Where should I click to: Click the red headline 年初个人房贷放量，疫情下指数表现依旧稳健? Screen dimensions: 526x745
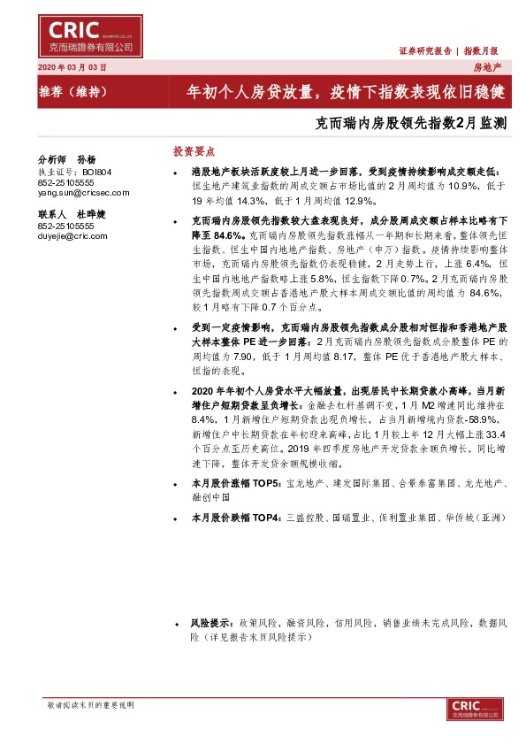click(x=344, y=91)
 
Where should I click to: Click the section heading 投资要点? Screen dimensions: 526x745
click(x=193, y=151)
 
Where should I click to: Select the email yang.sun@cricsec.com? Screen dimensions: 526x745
click(x=83, y=192)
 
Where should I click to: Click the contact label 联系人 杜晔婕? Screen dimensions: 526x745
click(x=71, y=214)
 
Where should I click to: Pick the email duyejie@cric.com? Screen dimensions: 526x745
click(x=72, y=236)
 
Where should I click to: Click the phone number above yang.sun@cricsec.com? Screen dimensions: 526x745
click(x=66, y=182)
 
